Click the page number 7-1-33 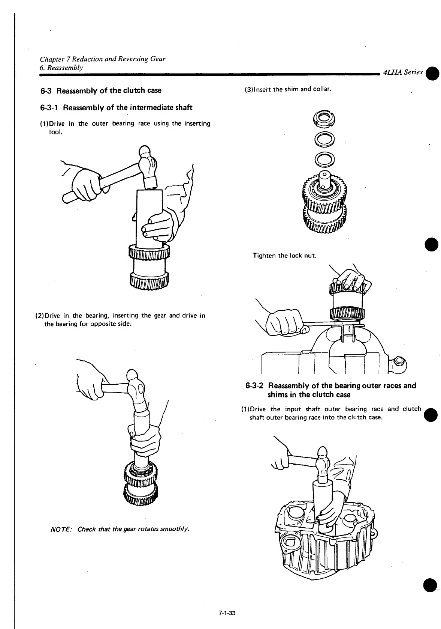pos(227,614)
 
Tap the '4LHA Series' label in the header pos(402,73)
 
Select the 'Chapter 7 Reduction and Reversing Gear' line pos(103,59)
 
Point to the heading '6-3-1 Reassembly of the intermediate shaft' pos(116,108)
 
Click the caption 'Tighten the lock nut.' pos(284,256)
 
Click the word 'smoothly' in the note pos(175,530)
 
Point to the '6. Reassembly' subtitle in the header pos(61,68)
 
